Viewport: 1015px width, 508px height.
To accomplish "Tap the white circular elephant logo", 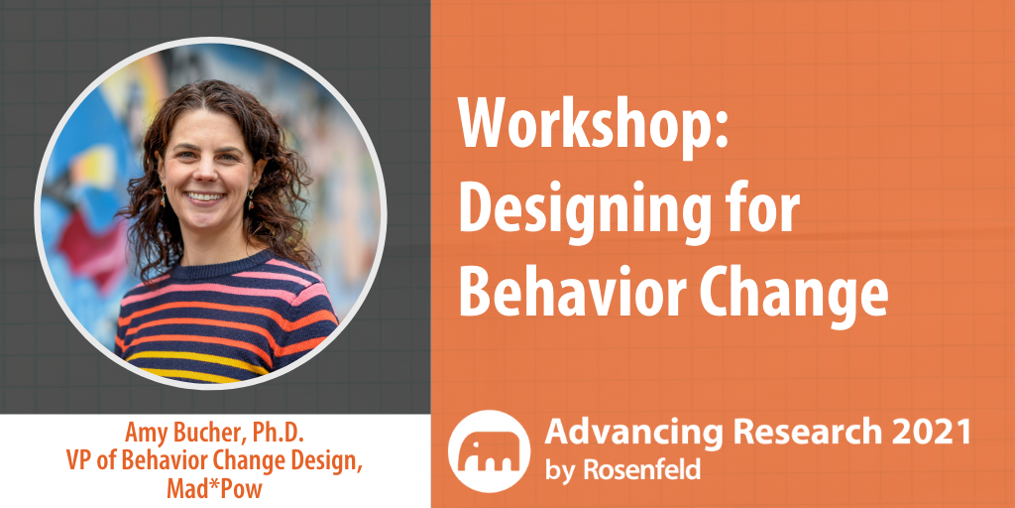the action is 489,451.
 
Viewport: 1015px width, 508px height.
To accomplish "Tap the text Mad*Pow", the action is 214,488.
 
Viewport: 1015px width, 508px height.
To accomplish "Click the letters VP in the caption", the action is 77,459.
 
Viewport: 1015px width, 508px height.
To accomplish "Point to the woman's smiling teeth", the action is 206,196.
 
